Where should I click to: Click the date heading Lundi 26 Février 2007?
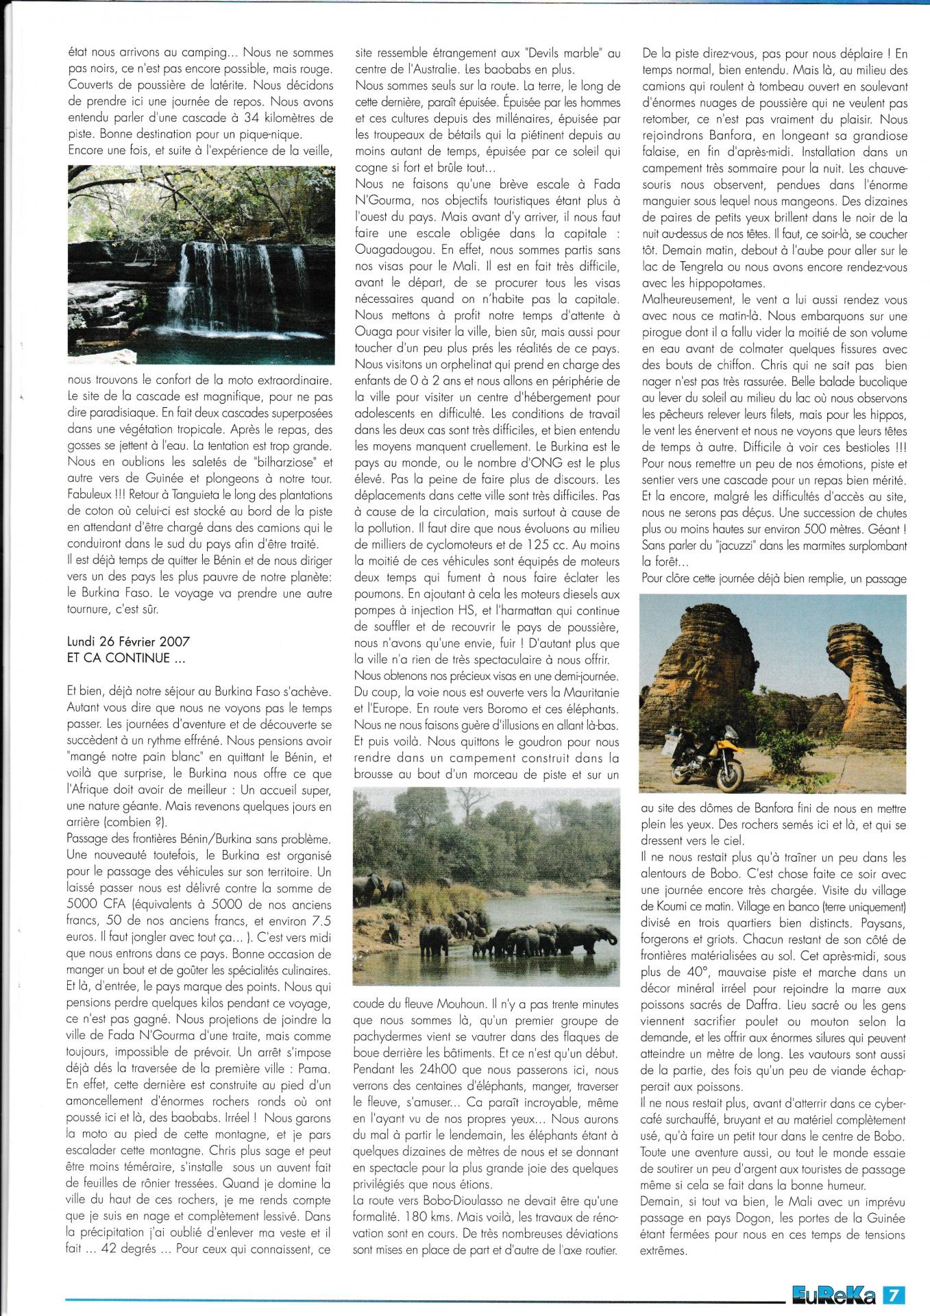point(129,642)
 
